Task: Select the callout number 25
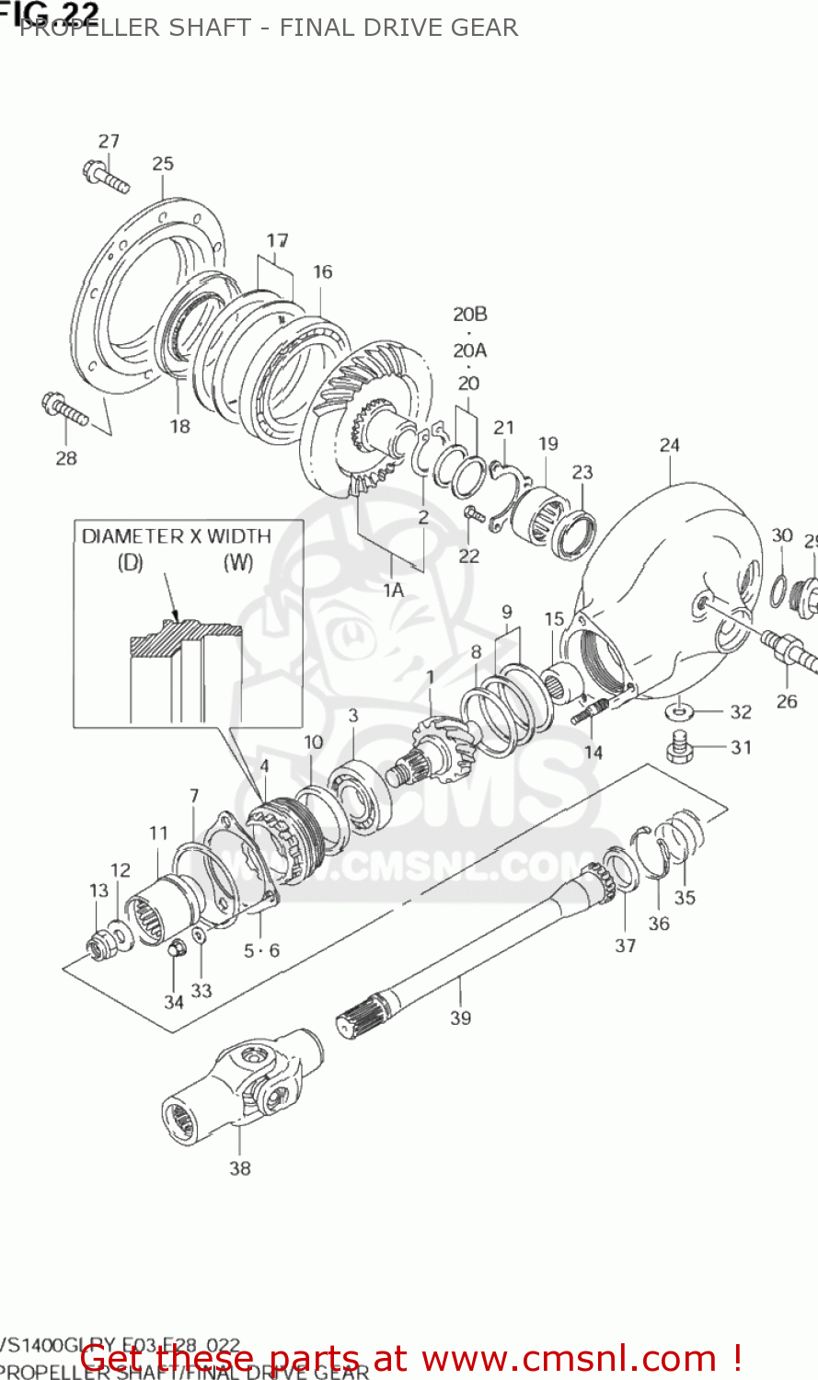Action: click(x=163, y=164)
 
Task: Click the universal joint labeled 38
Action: click(x=241, y=1091)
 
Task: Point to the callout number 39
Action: click(x=460, y=1018)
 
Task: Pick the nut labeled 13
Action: click(x=98, y=944)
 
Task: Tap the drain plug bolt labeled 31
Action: click(x=679, y=747)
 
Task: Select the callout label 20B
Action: click(x=469, y=315)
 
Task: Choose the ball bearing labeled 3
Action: click(x=359, y=792)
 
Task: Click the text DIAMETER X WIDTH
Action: click(x=176, y=536)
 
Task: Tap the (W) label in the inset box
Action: click(x=238, y=563)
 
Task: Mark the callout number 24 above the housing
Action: click(x=669, y=445)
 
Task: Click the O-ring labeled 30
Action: click(x=778, y=584)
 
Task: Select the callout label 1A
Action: click(x=393, y=590)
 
